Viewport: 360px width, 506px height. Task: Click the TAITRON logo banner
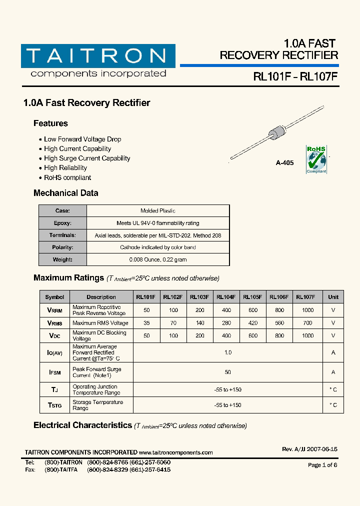pos(98,56)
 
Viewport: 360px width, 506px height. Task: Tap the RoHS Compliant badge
pos(316,159)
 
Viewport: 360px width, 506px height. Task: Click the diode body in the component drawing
pos(276,134)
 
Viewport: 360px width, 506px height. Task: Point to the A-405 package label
pos(284,163)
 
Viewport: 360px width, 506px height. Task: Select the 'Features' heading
pos(50,123)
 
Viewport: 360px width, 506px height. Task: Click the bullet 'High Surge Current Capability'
pos(86,158)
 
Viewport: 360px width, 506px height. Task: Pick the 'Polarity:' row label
pos(63,247)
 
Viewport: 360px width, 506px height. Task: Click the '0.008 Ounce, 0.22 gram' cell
pos(157,259)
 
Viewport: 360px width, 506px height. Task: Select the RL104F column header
pos(226,297)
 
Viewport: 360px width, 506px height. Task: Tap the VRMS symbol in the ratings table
pos(55,323)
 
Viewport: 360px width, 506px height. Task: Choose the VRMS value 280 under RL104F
pos(226,323)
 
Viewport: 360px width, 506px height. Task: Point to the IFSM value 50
pos(228,372)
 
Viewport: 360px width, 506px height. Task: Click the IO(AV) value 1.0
pos(228,352)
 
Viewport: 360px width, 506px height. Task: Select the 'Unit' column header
pos(333,297)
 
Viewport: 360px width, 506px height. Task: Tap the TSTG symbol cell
pos(55,405)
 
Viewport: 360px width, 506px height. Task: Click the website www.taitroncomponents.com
pos(175,452)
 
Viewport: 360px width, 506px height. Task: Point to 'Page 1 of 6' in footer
pos(322,465)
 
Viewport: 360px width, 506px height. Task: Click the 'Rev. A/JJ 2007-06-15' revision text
pos(309,449)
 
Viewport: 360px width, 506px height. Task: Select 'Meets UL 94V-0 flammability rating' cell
pos(157,223)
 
